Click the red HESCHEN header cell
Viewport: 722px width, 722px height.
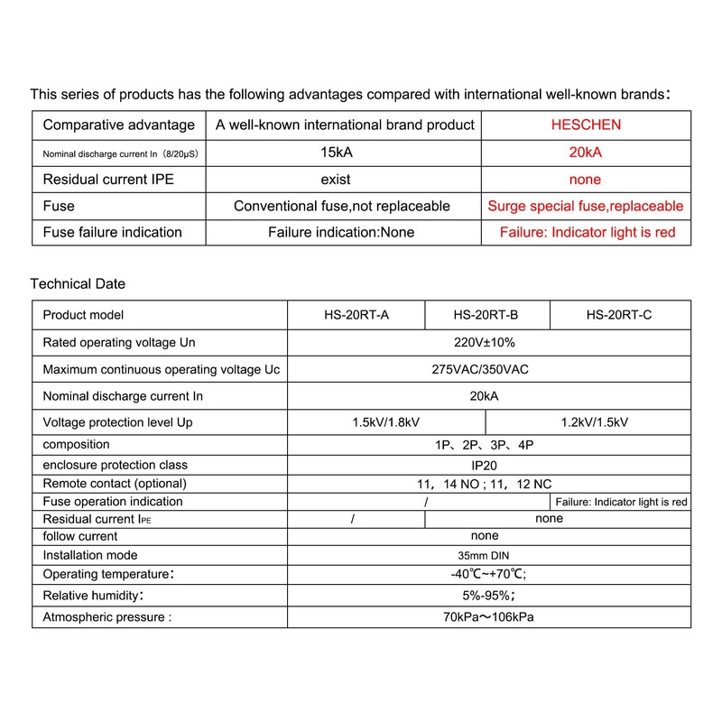tap(586, 125)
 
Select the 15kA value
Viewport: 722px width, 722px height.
tap(341, 153)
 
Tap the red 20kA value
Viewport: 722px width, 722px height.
tap(586, 153)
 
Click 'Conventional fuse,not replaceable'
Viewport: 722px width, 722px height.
tap(341, 207)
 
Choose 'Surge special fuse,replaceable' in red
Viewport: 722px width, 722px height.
tap(586, 207)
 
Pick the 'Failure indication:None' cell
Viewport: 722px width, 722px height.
tap(341, 233)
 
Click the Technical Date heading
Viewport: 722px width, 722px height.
tap(78, 283)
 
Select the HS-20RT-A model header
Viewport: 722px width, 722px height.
tap(356, 315)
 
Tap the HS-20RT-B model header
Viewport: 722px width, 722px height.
tap(486, 315)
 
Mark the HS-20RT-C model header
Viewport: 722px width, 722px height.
tap(619, 315)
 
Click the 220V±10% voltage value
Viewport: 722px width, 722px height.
tap(488, 343)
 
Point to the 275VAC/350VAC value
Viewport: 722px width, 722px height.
tap(488, 369)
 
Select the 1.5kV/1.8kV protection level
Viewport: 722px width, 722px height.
tap(386, 421)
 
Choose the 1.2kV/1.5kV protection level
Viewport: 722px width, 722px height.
tap(588, 421)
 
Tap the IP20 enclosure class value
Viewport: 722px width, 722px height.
tap(488, 465)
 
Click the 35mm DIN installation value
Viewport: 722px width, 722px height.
tap(488, 555)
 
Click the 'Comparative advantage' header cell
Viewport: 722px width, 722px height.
tap(118, 125)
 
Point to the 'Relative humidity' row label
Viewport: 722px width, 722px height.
tap(94, 597)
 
